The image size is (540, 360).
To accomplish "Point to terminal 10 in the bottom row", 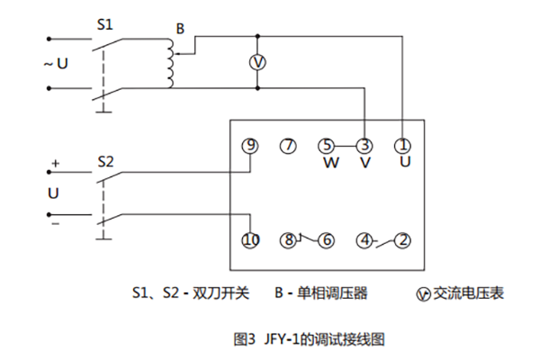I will [250, 240].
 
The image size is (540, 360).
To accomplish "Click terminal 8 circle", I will [287, 240].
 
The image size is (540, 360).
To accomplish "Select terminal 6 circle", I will [326, 240].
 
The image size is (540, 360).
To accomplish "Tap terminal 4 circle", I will [364, 240].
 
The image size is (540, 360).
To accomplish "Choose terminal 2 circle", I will [403, 240].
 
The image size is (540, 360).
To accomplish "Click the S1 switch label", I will [105, 26].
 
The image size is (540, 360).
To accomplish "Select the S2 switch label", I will [105, 163].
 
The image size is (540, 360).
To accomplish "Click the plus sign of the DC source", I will [55, 164].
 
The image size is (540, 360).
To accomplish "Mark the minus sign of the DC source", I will [55, 222].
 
